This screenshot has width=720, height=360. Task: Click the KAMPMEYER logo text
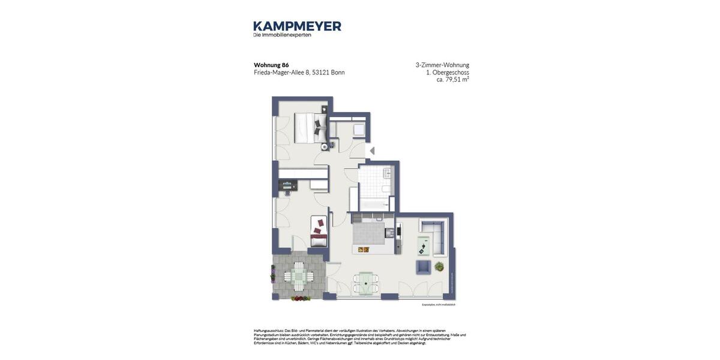[297, 26]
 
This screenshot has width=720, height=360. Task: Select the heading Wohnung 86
[271, 65]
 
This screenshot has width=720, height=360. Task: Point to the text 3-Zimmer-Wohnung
[442, 65]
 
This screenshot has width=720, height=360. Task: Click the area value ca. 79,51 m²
[452, 79]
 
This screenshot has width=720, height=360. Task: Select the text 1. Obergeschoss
[448, 72]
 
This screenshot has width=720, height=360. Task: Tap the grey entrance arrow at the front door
[372, 151]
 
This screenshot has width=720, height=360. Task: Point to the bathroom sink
[387, 173]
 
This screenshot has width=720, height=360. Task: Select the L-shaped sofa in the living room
[435, 236]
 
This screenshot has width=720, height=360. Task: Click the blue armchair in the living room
[423, 267]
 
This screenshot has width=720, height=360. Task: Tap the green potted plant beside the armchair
[439, 266]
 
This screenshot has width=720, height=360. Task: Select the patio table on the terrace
[298, 276]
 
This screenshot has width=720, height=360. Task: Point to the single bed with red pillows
[319, 230]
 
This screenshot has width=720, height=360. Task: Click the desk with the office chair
[287, 185]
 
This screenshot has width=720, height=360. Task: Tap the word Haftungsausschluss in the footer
[268, 331]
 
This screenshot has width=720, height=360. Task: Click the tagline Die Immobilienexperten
[282, 35]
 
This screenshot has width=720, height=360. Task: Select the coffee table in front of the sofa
[424, 244]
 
